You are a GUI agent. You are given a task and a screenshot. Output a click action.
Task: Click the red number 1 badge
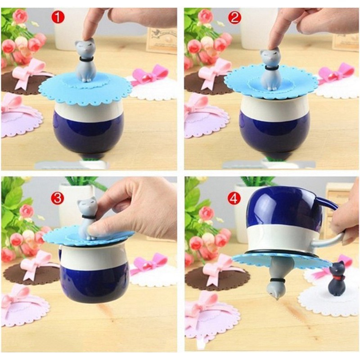[58, 18]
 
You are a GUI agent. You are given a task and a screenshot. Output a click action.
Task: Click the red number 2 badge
[234, 18]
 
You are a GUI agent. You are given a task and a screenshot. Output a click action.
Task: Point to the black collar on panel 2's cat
[271, 68]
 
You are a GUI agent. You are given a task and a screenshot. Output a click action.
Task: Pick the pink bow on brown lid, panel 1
[27, 73]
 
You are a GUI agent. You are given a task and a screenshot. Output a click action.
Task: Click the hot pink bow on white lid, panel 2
[336, 72]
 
